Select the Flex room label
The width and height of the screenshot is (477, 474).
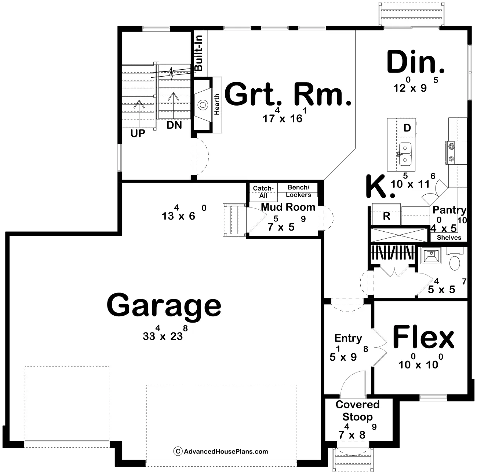coord(423,337)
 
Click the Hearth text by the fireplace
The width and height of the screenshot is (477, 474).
coord(216,104)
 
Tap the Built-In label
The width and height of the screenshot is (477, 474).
coord(199,53)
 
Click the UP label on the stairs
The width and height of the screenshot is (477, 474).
coord(138,133)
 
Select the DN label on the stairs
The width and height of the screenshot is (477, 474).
coord(174,125)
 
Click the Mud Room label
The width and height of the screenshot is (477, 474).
coord(288,207)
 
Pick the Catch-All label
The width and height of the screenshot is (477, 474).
coord(263,192)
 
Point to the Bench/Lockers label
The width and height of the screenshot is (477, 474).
coord(299,191)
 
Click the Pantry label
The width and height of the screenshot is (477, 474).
coord(449,210)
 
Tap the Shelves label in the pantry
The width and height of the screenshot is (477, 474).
coord(449,238)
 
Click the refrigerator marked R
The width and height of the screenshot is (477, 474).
coord(386,214)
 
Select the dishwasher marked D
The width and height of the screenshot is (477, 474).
coord(407,128)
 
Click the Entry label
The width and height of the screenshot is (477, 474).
coord(348,338)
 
